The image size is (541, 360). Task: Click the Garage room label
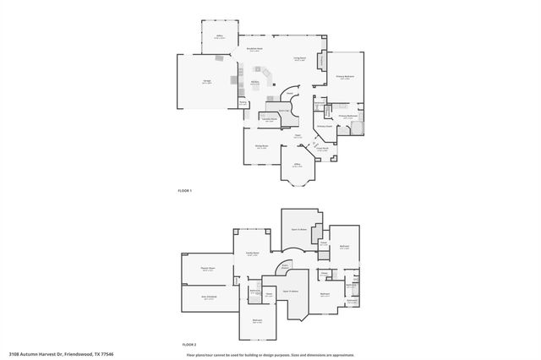click(x=206, y=81)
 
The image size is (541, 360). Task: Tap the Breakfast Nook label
click(x=254, y=50)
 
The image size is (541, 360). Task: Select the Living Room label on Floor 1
click(x=299, y=58)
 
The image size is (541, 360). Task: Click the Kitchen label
click(x=254, y=82)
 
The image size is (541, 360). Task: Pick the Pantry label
click(x=243, y=102)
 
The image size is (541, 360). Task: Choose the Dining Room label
click(x=262, y=145)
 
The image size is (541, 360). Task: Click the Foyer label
click(x=298, y=135)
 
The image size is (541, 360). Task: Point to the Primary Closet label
click(x=324, y=128)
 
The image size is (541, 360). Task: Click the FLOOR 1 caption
click(x=185, y=190)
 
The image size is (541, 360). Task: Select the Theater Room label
click(x=208, y=269)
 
